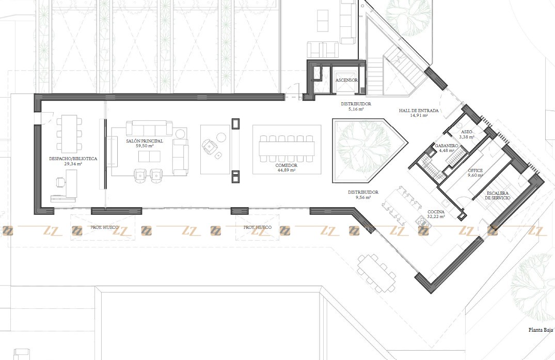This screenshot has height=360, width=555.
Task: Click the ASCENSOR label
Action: point(346,81)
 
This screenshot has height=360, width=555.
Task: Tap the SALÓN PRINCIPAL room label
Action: point(145,141)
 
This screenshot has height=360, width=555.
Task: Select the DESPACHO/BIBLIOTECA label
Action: point(73,159)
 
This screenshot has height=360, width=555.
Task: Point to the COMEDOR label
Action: point(287,165)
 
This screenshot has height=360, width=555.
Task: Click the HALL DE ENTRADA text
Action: point(419,111)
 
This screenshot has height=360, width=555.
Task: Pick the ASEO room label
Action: point(467,132)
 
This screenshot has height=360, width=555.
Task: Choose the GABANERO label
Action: point(447,146)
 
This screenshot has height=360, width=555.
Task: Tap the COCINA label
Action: point(436,212)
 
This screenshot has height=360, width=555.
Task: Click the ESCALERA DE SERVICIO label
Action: point(498,196)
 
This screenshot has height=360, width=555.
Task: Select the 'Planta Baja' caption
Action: point(541,330)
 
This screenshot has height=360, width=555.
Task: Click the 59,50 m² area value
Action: point(145,146)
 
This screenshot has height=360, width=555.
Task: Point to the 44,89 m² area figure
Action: point(287,170)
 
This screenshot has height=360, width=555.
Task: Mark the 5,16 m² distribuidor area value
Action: point(356,109)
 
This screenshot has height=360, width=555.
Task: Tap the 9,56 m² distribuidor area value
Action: point(363,197)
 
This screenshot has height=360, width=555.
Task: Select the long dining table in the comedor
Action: point(287,149)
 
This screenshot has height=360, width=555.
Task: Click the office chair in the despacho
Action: point(60,182)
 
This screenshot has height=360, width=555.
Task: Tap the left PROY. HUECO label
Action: point(104,227)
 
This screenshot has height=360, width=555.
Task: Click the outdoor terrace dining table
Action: point(376,273)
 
